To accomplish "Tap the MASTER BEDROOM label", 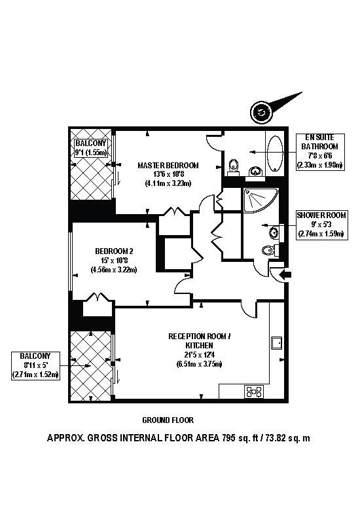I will pyautogui.click(x=168, y=165).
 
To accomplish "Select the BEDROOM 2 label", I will pyautogui.click(x=114, y=251).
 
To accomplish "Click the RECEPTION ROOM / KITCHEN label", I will pyautogui.click(x=196, y=340).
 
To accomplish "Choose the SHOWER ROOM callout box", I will pyautogui.click(x=321, y=224).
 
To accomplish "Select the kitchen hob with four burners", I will pyautogui.click(x=253, y=392).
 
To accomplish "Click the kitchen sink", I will pyautogui.click(x=276, y=342).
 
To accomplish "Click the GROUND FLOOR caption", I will pyautogui.click(x=168, y=420).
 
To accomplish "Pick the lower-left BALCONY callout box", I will pyautogui.click(x=35, y=365).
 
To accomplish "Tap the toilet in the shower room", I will pyautogui.click(x=268, y=250).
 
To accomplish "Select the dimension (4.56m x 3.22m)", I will pyautogui.click(x=114, y=269).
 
